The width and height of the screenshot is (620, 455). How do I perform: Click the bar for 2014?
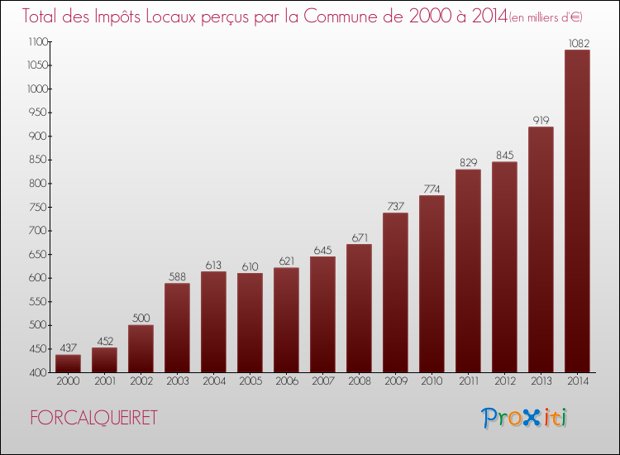pos(577,211)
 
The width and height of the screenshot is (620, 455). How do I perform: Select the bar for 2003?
pos(177,328)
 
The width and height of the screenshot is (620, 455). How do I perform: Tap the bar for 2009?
pos(395,292)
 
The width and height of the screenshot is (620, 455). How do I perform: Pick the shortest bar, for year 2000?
pos(68,363)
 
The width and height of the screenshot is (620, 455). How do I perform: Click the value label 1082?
pos(577,43)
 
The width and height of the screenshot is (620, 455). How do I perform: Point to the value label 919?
pos(541,120)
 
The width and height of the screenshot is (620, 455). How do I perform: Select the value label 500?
pos(141,318)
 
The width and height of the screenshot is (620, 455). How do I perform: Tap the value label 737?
pos(395,206)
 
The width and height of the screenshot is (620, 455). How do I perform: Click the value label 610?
pos(250,266)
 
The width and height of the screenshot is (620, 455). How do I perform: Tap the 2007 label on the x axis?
pos(322,381)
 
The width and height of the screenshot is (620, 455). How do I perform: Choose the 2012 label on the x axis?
pos(504,381)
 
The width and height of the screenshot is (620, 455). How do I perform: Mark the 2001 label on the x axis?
pos(104,381)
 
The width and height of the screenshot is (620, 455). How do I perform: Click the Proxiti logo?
pos(525,419)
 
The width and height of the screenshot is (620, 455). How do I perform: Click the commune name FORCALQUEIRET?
pos(93,419)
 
